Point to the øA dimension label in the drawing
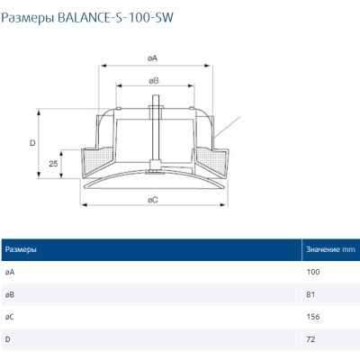(153, 58)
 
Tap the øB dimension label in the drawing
(153, 81)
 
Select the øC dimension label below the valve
(153, 200)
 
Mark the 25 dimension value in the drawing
(55, 164)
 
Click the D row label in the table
(7, 338)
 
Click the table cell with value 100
(314, 271)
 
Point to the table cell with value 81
(312, 293)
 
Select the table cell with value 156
(314, 316)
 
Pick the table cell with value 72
(312, 338)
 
